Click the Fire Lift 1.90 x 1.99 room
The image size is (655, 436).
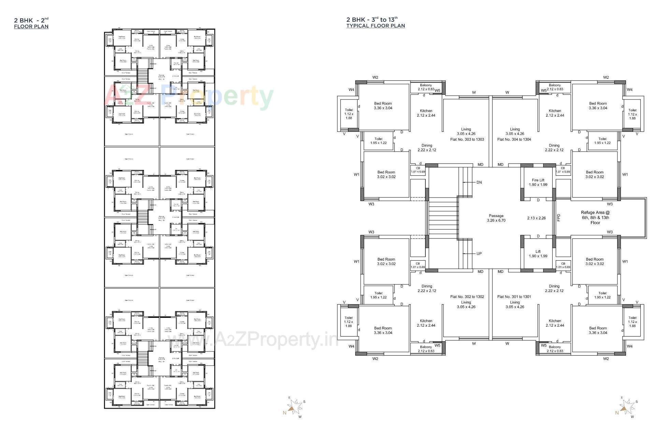coord(538,182)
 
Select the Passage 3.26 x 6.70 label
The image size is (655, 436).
coord(496,218)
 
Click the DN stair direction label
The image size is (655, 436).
coord(479,182)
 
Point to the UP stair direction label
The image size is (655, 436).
coord(479,253)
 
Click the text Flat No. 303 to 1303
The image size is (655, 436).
coord(467,139)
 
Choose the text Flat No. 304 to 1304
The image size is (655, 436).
coord(514,139)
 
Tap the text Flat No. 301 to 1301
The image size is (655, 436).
coord(514,297)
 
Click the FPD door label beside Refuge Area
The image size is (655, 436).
coord(558,217)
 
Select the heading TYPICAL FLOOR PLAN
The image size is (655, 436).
coord(376,26)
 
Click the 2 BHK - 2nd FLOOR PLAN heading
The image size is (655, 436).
coord(31,23)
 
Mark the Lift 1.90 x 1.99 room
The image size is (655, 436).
coord(538,254)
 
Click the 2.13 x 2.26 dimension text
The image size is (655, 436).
coord(536,218)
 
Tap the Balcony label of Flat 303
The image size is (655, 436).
coord(426,87)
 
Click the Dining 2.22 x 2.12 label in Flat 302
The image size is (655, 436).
coord(426,289)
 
